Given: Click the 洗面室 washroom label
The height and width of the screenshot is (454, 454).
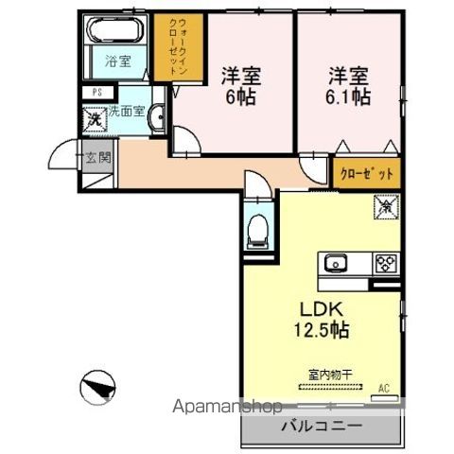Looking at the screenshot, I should [x=127, y=112].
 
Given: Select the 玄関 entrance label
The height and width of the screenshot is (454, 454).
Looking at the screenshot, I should [x=96, y=157].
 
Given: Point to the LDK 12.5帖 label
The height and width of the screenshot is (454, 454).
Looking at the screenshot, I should [x=324, y=321].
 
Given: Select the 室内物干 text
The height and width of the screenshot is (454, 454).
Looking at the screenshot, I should [x=328, y=375].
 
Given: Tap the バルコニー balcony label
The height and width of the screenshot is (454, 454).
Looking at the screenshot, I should [x=321, y=427].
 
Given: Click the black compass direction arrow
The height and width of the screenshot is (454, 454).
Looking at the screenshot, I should [x=97, y=388].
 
